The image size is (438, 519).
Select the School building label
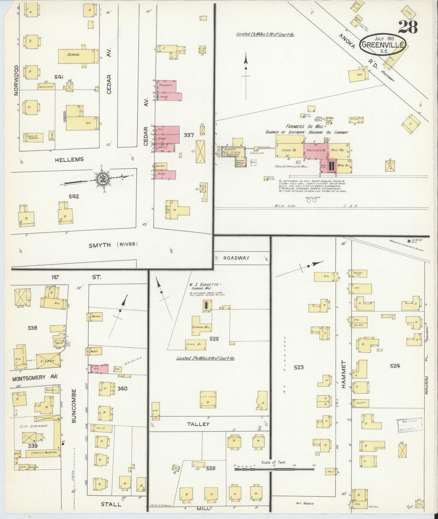(73, 55)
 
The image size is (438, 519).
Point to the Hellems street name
(69, 159)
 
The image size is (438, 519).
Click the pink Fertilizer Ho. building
(316, 150)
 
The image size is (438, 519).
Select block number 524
(395, 366)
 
